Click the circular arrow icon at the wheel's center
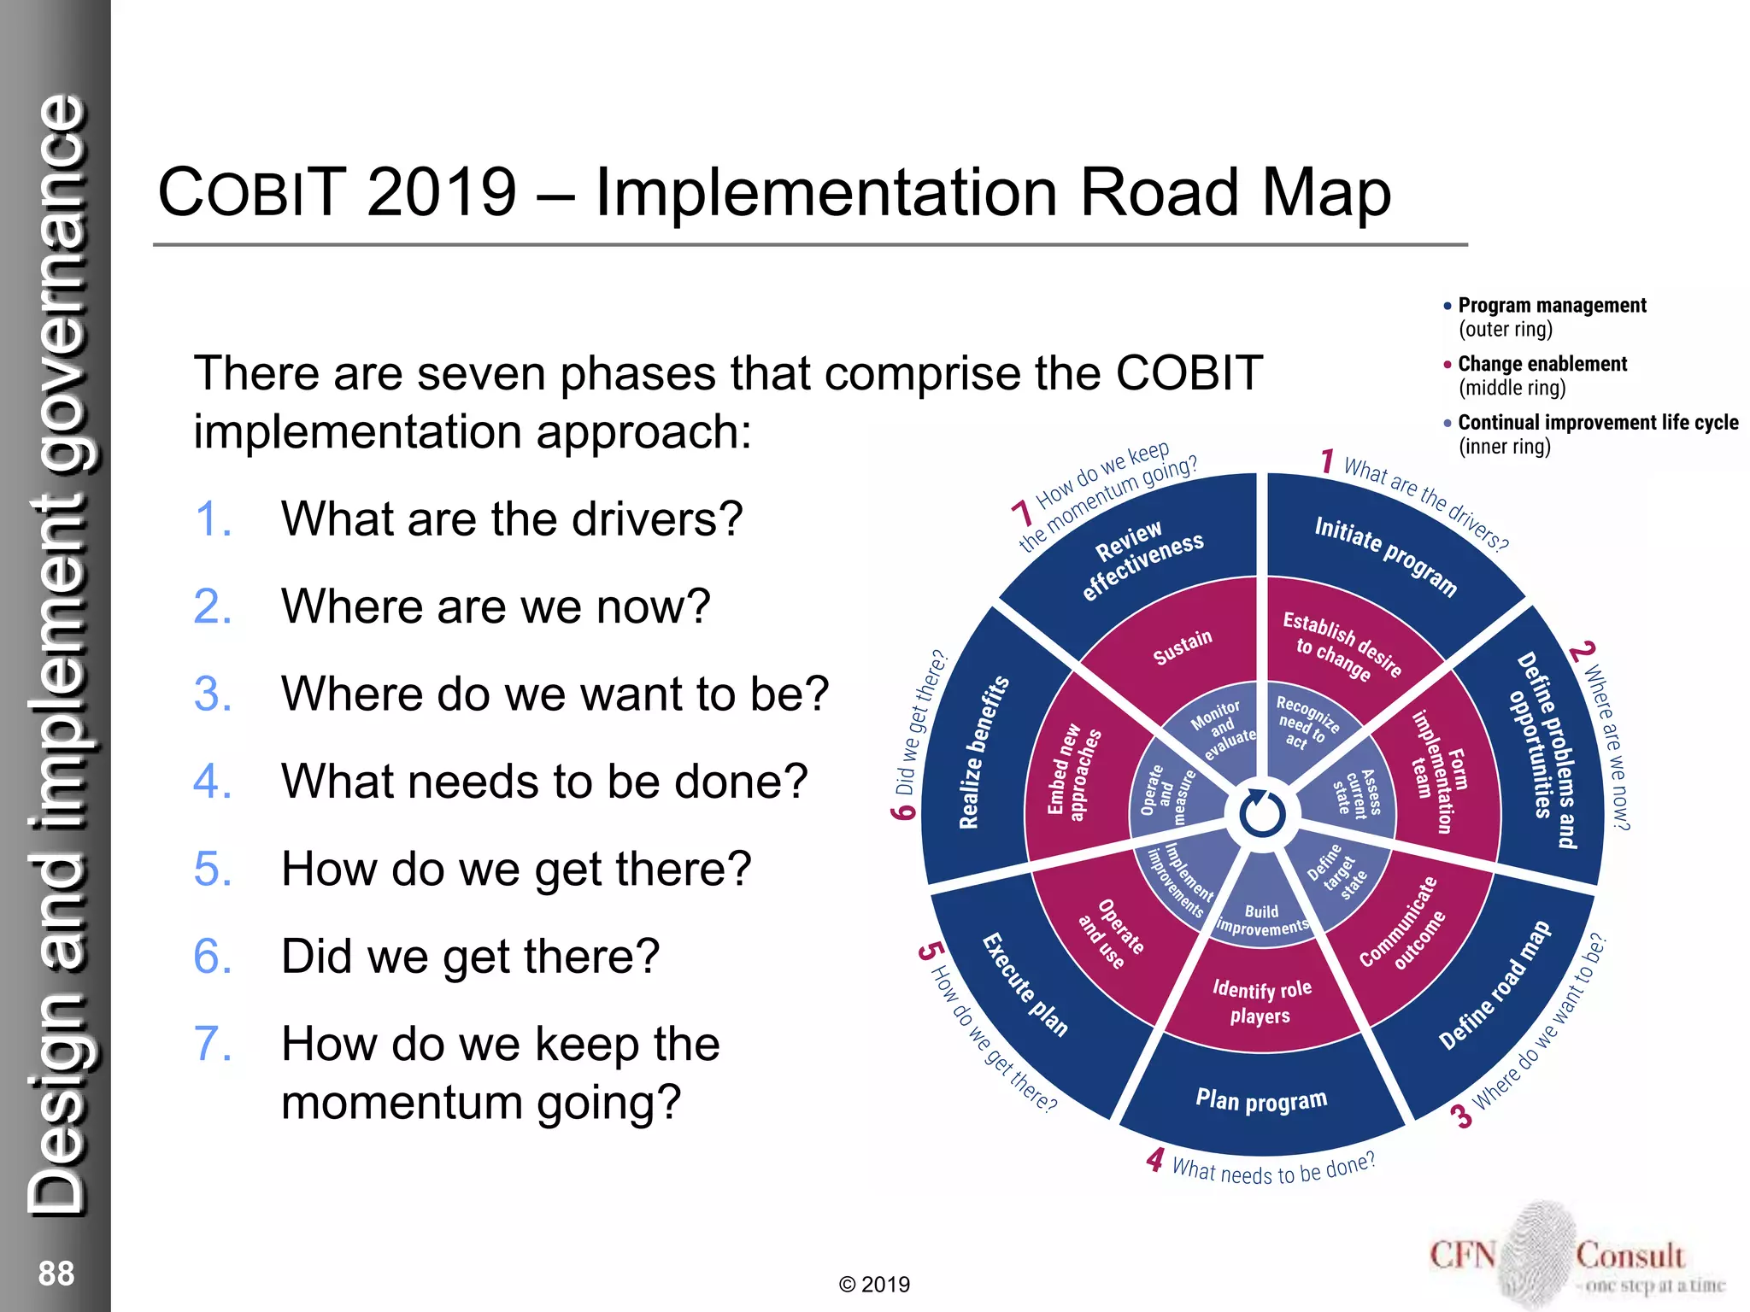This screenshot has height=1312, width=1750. pyautogui.click(x=1262, y=813)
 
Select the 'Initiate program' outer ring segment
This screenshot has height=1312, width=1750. pyautogui.click(x=1384, y=555)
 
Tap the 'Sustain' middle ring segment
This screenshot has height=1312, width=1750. pyautogui.click(x=1183, y=647)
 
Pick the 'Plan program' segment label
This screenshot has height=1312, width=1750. pyautogui.click(x=1261, y=1100)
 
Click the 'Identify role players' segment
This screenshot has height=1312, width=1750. pyautogui.click(x=1261, y=1002)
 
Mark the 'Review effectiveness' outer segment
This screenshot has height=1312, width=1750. pyautogui.click(x=1142, y=559)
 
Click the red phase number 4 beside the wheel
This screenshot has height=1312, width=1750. pyautogui.click(x=1155, y=1159)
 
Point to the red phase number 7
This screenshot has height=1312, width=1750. pyautogui.click(x=1021, y=513)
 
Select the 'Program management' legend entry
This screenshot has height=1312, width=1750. pyautogui.click(x=1551, y=306)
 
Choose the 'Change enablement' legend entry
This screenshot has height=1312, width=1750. pyautogui.click(x=1542, y=365)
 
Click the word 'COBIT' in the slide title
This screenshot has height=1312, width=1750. pyautogui.click(x=252, y=192)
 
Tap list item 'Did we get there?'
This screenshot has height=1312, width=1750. pyautogui.click(x=470, y=956)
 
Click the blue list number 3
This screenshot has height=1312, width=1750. pyautogui.click(x=213, y=694)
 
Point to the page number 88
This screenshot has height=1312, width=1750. pyautogui.click(x=56, y=1274)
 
